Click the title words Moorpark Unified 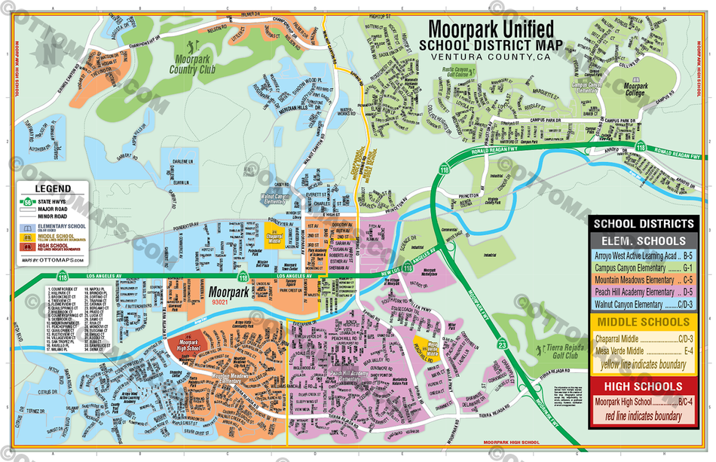(x=491, y=29)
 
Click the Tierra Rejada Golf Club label (x=564, y=353)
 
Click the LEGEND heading (x=53, y=189)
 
